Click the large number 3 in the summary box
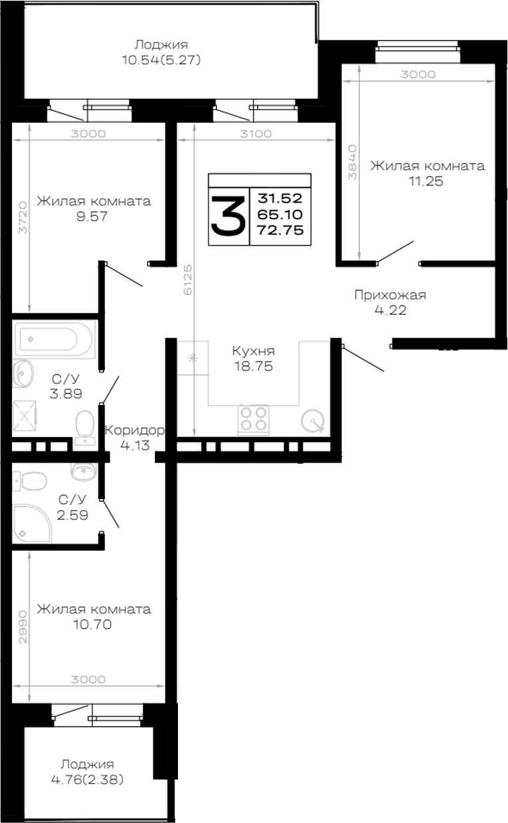click(228, 216)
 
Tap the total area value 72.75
click(280, 230)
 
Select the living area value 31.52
click(280, 199)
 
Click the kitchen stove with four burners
click(254, 419)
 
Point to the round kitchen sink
click(313, 420)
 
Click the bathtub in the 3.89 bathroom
click(54, 339)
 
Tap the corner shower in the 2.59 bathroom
click(32, 523)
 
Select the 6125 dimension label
click(188, 279)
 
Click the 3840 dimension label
click(352, 161)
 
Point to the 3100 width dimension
click(256, 134)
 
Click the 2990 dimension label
click(23, 627)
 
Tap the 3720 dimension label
click(23, 217)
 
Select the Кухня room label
click(254, 351)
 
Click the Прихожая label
click(390, 295)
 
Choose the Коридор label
click(134, 430)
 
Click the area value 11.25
click(426, 181)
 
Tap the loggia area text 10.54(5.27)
click(161, 60)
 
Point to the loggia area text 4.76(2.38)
click(88, 779)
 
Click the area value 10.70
click(92, 624)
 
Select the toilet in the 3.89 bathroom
click(85, 426)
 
